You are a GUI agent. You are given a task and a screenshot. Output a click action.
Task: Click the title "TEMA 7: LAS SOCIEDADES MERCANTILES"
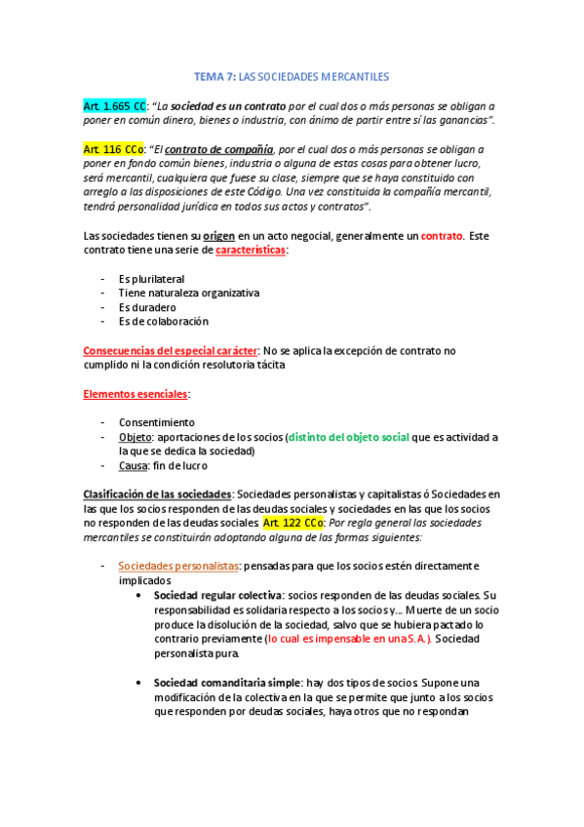pos(292,76)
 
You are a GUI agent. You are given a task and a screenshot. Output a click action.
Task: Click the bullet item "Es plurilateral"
pos(151,279)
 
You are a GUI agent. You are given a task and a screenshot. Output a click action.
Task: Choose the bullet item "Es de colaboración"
pos(163,321)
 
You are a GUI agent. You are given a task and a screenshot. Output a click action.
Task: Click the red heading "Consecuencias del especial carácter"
pos(171,350)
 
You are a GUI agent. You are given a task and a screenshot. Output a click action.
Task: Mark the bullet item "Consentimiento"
pos(156,422)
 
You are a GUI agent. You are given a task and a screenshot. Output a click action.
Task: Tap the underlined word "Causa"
pos(135,465)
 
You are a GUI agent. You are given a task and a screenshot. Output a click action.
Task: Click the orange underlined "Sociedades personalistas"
pos(178,566)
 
